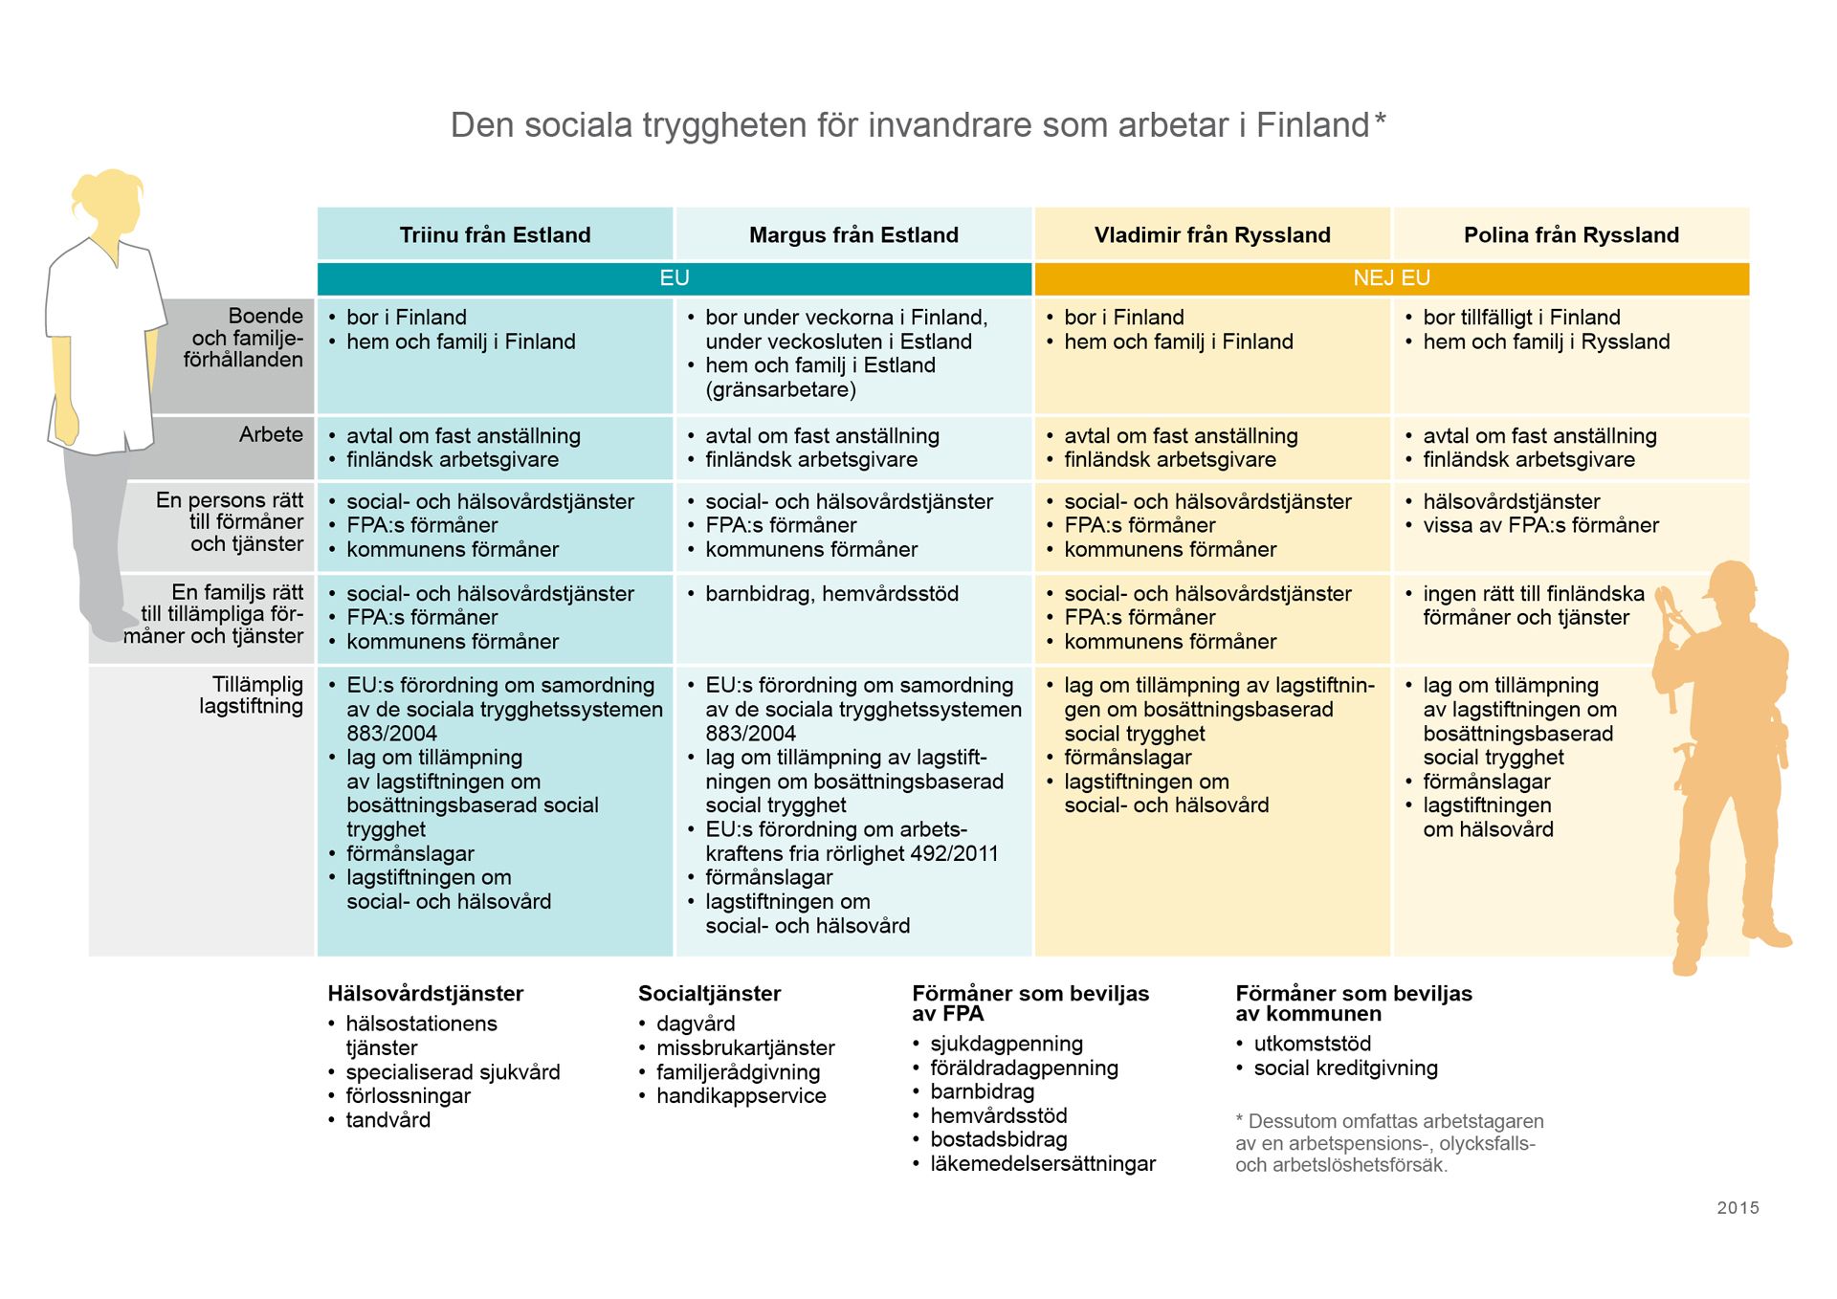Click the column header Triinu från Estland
(x=495, y=235)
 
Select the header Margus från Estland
(x=853, y=235)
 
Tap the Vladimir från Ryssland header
(x=1212, y=235)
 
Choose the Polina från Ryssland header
(x=1571, y=235)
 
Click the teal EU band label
(x=675, y=278)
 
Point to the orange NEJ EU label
(x=1391, y=278)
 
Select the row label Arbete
(x=271, y=434)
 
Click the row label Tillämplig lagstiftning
(x=252, y=695)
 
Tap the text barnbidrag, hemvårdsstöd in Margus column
(x=831, y=594)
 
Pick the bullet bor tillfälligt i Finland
(x=1521, y=318)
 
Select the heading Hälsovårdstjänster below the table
(x=425, y=994)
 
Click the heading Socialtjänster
(x=709, y=994)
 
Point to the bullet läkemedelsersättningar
(x=1042, y=1164)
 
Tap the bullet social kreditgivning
(x=1345, y=1068)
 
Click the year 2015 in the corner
(x=1737, y=1208)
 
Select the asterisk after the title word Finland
(x=1380, y=121)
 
